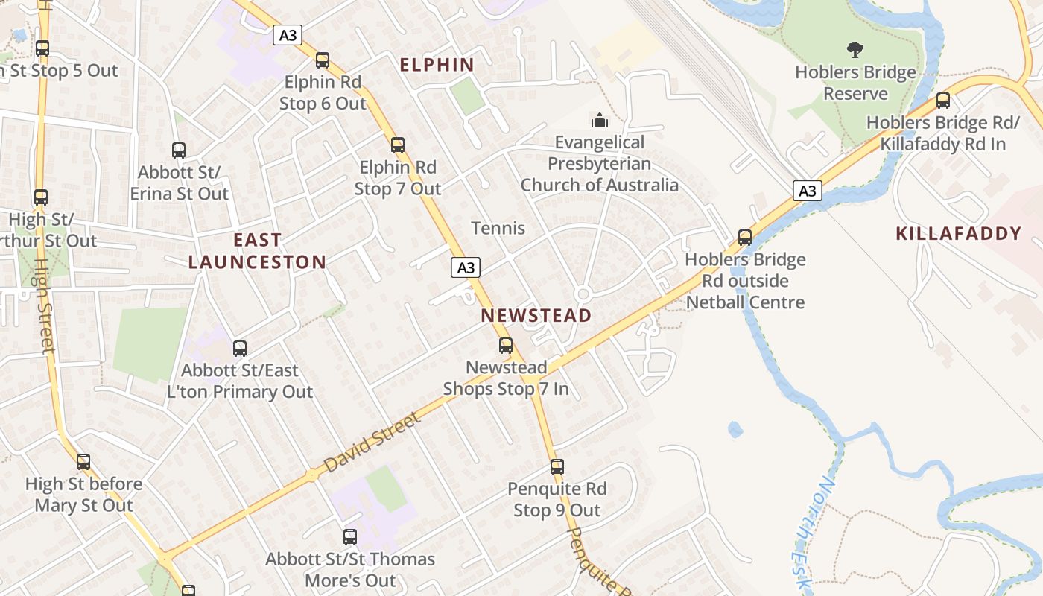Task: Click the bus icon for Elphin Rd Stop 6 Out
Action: coord(323,60)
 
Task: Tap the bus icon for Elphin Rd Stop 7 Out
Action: coord(398,145)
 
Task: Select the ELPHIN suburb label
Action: coord(437,65)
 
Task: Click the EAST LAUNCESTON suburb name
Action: coord(257,251)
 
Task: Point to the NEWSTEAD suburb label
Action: coord(536,315)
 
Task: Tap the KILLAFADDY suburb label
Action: coord(958,234)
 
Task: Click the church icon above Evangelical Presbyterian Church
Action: coord(600,119)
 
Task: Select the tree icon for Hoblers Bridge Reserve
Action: coord(855,50)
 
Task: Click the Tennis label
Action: coord(498,229)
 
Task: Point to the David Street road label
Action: coord(372,443)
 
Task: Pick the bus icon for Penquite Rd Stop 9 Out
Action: coord(557,467)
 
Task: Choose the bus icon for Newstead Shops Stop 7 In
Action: coord(506,346)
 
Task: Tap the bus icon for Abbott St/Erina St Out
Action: coord(179,150)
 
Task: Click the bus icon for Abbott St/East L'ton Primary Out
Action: coord(240,349)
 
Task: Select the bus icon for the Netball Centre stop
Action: coord(744,238)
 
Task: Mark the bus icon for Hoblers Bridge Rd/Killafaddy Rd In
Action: coord(943,101)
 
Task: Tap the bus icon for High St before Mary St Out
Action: coord(83,462)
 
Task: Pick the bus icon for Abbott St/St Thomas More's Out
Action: coord(350,537)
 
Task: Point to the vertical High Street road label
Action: coord(45,305)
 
